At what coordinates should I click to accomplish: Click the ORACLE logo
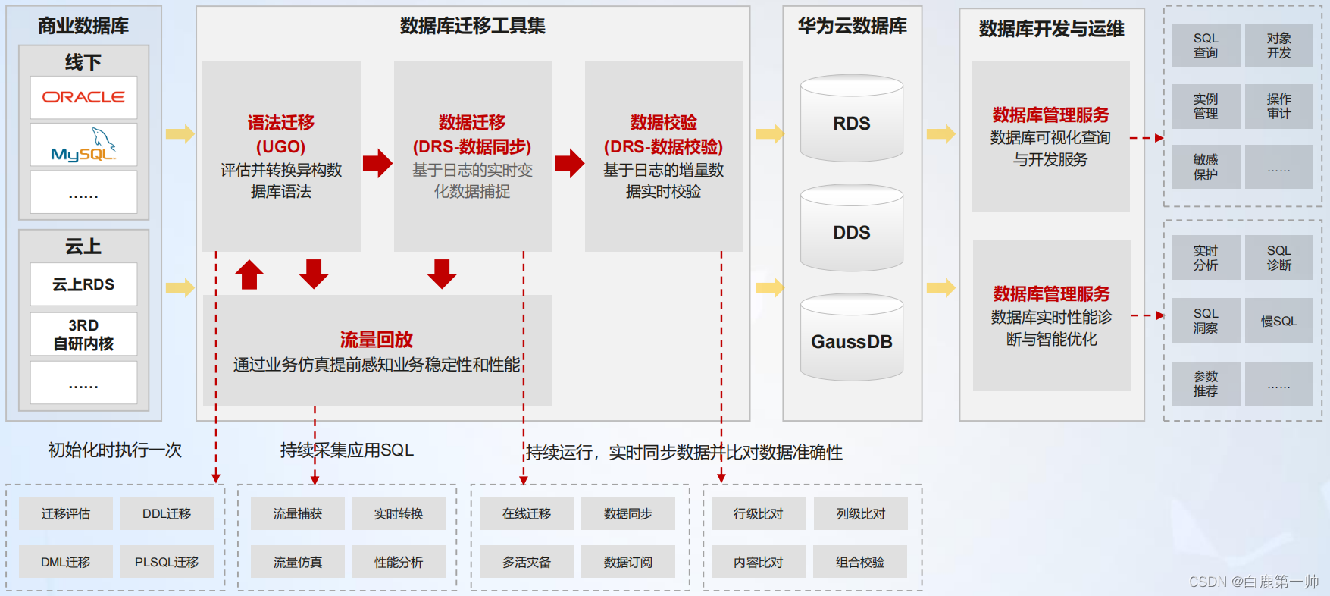[x=83, y=97]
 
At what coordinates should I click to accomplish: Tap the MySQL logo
[x=83, y=145]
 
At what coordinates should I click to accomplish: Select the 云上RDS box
[x=83, y=284]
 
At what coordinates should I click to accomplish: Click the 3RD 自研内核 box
[x=83, y=334]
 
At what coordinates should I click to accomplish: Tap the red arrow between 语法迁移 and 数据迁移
[x=377, y=163]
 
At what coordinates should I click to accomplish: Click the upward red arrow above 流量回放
[x=249, y=274]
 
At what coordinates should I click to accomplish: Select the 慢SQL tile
[x=1278, y=321]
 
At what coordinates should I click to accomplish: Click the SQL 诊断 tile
[x=1278, y=258]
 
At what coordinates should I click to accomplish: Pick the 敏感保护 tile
[x=1206, y=167]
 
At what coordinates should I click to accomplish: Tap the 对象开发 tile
[x=1278, y=45]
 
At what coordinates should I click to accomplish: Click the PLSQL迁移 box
[x=167, y=562]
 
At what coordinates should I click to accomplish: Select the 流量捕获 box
[x=298, y=513]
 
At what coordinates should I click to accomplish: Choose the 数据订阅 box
[x=627, y=562]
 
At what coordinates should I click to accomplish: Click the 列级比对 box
[x=860, y=513]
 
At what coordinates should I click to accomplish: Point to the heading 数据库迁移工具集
[x=472, y=27]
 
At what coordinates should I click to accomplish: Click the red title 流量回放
[x=376, y=340]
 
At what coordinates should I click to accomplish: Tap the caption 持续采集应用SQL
[x=347, y=450]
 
